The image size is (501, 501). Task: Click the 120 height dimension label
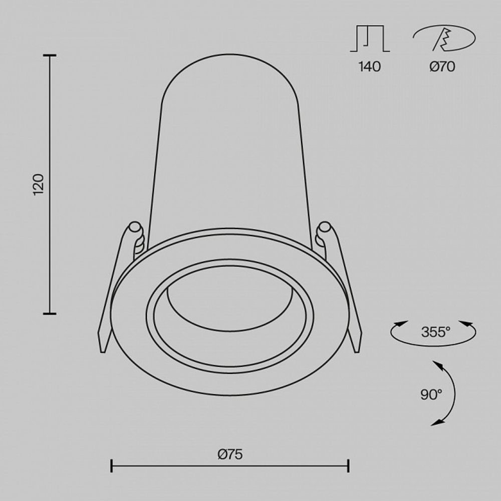(39, 185)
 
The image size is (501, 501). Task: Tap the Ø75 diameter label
(230, 454)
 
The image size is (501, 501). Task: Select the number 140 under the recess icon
(369, 67)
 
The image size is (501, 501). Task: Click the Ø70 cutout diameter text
(442, 67)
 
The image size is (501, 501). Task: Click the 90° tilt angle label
(431, 394)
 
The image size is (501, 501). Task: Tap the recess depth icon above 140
(369, 39)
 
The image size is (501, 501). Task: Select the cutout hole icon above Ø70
(443, 39)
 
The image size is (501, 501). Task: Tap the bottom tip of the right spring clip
(357, 349)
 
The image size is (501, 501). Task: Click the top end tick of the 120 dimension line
(49, 56)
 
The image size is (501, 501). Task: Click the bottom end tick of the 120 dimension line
(49, 314)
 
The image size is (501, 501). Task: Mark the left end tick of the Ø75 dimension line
(111, 466)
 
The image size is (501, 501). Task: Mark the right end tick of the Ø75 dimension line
(348, 466)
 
